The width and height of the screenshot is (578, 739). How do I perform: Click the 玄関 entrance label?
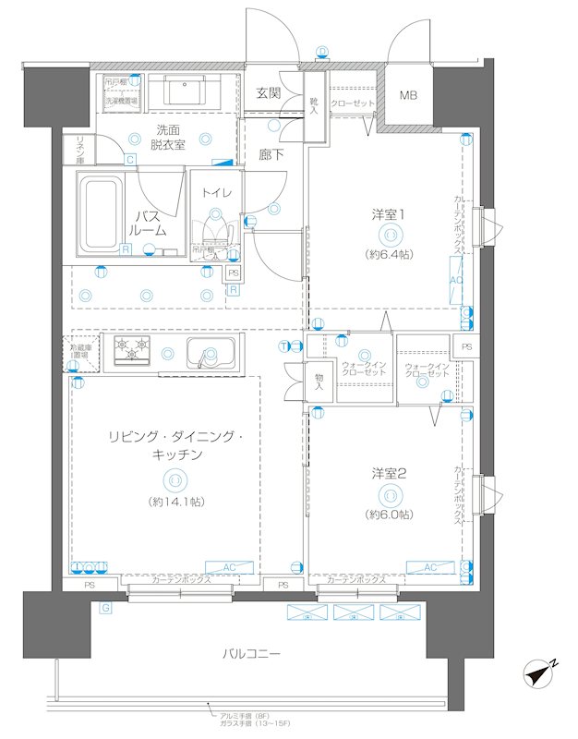(x=269, y=93)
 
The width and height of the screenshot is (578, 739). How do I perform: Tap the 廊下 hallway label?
(x=271, y=154)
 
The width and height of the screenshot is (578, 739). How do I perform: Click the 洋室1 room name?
(x=389, y=214)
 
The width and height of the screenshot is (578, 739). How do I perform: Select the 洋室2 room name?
(x=389, y=473)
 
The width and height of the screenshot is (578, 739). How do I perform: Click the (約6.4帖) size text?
(x=389, y=252)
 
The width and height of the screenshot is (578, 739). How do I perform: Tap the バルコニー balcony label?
(x=251, y=653)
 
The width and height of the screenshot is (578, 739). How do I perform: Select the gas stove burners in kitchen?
(x=131, y=350)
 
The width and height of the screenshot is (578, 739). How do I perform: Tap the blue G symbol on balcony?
(x=106, y=607)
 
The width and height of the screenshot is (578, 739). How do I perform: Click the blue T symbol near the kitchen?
(x=283, y=346)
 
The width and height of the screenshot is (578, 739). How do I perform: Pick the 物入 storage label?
(x=319, y=381)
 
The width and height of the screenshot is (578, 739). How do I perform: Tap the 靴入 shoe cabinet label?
(x=314, y=105)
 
